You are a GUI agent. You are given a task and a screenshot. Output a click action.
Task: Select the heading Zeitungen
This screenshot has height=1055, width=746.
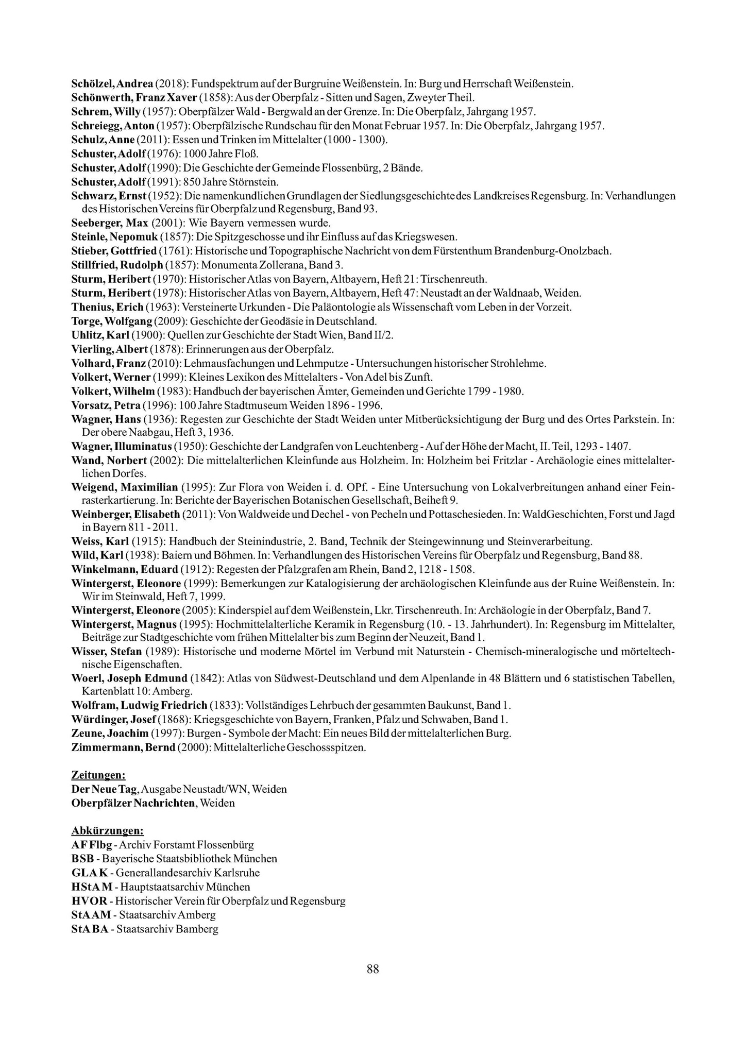point(98,775)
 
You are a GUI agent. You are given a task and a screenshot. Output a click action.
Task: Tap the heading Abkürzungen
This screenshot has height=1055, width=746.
point(107,831)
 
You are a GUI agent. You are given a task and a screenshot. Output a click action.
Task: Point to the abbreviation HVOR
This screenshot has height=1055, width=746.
point(90,901)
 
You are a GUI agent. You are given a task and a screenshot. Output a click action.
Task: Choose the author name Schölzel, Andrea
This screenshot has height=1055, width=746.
point(112,83)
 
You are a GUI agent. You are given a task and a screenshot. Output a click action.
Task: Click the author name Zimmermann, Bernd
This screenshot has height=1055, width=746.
point(123,747)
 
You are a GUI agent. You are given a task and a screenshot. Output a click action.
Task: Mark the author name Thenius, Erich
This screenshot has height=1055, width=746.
point(107,308)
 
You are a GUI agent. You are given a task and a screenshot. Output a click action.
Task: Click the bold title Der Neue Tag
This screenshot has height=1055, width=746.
point(105,789)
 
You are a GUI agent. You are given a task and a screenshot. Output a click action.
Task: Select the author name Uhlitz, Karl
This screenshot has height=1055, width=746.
point(100,335)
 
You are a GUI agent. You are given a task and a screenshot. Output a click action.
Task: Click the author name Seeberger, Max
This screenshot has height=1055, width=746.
point(109,224)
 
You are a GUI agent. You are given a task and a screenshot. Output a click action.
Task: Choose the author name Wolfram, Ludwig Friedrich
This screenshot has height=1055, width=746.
point(139,705)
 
